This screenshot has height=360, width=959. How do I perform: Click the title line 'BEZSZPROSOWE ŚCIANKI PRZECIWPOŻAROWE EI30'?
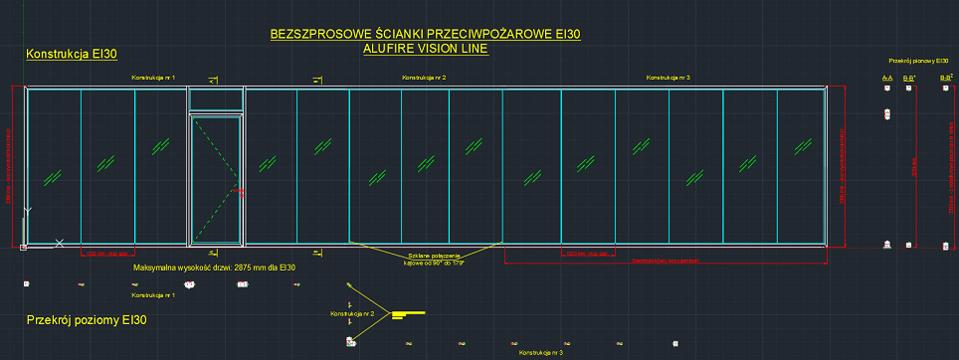[426, 35]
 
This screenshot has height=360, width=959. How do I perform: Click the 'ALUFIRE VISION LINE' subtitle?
[426, 48]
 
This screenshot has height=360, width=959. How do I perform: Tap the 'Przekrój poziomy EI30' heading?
[87, 320]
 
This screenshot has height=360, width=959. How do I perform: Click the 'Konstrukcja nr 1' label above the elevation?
[153, 77]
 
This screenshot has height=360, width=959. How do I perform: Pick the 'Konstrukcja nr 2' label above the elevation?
[423, 77]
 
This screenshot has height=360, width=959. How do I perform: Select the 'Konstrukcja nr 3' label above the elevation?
[669, 77]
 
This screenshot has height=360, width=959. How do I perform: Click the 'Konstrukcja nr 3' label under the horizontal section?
[541, 352]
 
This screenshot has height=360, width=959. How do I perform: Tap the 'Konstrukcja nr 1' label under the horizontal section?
[153, 295]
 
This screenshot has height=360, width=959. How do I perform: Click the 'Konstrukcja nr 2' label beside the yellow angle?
[351, 313]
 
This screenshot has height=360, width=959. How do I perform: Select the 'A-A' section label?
[886, 77]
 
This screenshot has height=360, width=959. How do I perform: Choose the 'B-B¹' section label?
[908, 77]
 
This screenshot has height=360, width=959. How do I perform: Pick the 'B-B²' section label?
[946, 77]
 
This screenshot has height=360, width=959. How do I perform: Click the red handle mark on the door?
[237, 189]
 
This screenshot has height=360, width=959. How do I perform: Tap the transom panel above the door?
[216, 100]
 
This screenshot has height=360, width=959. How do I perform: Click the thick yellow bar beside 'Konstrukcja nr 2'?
[410, 314]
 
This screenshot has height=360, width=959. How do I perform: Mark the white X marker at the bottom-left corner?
[60, 243]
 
